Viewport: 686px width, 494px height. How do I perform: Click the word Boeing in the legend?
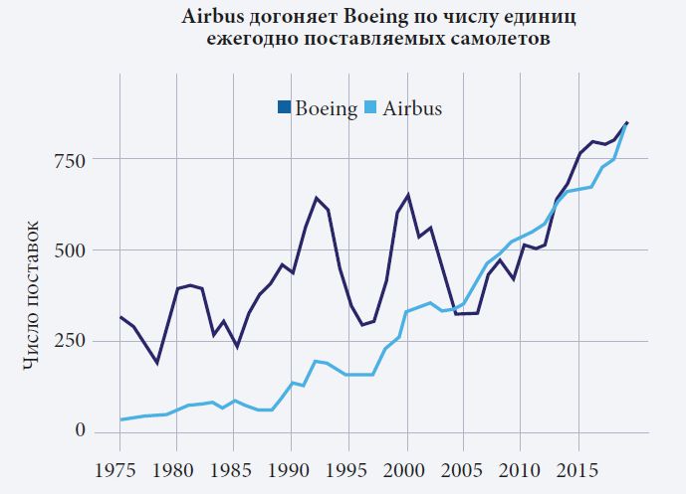(326, 109)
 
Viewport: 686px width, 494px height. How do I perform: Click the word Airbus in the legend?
(411, 109)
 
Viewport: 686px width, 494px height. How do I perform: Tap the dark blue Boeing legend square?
(283, 108)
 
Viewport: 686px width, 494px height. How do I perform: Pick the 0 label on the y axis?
(81, 431)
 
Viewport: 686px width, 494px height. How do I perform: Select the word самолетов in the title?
(490, 40)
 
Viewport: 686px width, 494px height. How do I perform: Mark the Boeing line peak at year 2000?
(407, 195)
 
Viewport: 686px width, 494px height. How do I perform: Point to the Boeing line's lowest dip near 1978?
(156, 363)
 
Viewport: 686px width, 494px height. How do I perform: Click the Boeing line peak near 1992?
(316, 198)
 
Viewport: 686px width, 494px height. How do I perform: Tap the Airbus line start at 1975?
(120, 419)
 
